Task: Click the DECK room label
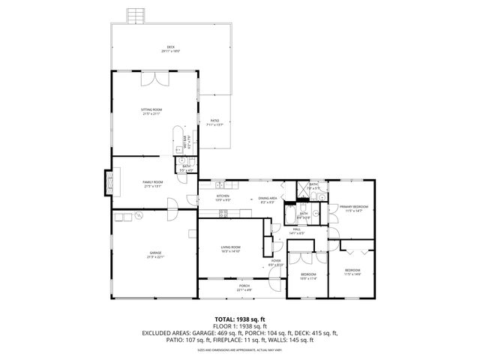171,48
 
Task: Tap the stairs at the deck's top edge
135,16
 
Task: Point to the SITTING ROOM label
151,109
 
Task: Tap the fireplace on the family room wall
109,180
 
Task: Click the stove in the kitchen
223,214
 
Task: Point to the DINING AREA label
267,199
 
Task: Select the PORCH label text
244,286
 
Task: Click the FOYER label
276,261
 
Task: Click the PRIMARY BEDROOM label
353,207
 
